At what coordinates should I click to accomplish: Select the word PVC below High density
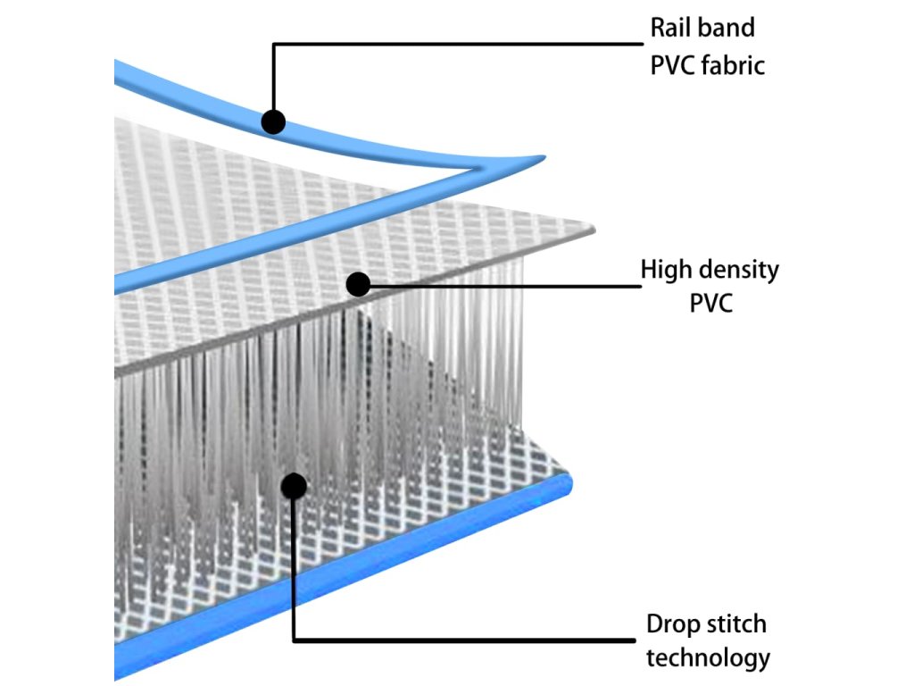point(710,303)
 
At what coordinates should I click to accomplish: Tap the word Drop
point(673,623)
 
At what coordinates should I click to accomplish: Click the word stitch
point(736,623)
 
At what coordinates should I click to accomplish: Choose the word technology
point(708,659)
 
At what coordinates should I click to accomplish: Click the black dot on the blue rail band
point(273,121)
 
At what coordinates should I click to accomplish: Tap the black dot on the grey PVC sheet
point(358,285)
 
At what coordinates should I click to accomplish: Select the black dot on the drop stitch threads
point(294,486)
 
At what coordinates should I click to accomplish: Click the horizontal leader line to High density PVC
point(500,287)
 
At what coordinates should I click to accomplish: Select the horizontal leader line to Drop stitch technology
point(464,640)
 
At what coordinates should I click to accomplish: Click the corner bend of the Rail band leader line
point(274,45)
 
